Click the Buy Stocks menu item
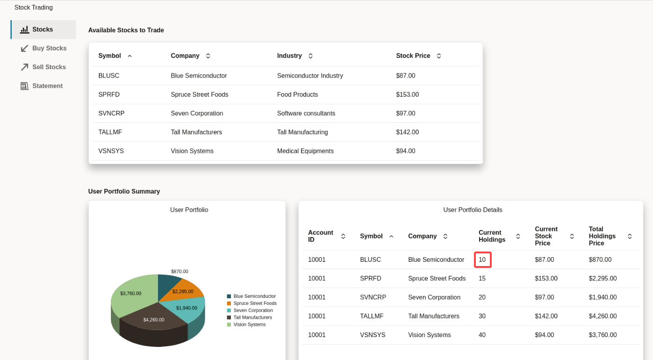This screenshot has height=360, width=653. pyautogui.click(x=49, y=48)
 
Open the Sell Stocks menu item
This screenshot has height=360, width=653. pyautogui.click(x=49, y=67)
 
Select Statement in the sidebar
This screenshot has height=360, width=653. pyautogui.click(x=47, y=86)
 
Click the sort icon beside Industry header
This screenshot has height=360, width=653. pyautogui.click(x=310, y=56)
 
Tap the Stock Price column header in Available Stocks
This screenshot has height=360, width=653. pyautogui.click(x=413, y=56)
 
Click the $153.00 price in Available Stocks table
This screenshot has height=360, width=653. pyautogui.click(x=407, y=94)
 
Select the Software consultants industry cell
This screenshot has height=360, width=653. pyautogui.click(x=306, y=113)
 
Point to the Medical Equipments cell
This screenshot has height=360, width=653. pyautogui.click(x=305, y=151)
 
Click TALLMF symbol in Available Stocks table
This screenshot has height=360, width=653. pyautogui.click(x=110, y=132)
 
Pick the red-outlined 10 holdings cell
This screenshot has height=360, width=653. pyautogui.click(x=482, y=259)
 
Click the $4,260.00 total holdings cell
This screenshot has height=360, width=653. pyautogui.click(x=603, y=316)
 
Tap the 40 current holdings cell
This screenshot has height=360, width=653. pyautogui.click(x=482, y=335)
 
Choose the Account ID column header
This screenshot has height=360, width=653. pyautogui.click(x=321, y=236)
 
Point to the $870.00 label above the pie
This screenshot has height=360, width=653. pyautogui.click(x=179, y=271)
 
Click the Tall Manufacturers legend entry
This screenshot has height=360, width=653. pyautogui.click(x=252, y=317)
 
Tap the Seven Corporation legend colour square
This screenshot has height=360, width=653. pyautogui.click(x=229, y=310)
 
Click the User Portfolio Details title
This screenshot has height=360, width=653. pyautogui.click(x=473, y=210)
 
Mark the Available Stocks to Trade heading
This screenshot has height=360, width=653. pyautogui.click(x=126, y=30)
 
